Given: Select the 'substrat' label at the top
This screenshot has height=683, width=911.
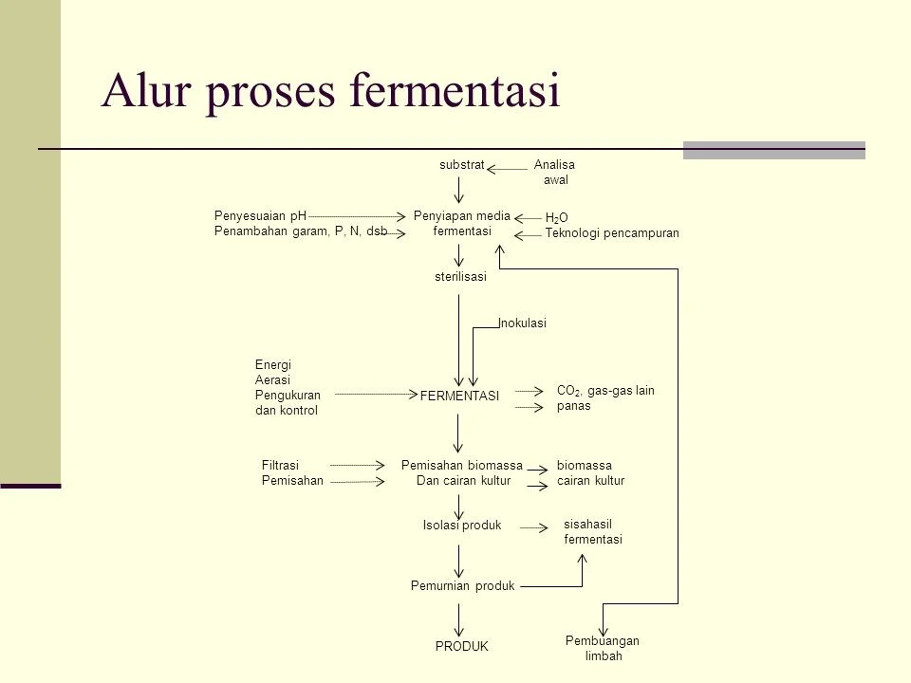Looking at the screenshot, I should (x=462, y=165).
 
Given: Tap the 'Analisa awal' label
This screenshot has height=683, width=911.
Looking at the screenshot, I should (x=555, y=173).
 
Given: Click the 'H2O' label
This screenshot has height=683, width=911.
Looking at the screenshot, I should (x=557, y=218).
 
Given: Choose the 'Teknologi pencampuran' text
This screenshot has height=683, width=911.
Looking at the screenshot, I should (x=613, y=233).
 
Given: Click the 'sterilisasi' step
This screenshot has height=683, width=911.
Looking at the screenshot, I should (x=459, y=277).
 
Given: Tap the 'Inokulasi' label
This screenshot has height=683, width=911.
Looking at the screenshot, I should (x=524, y=323).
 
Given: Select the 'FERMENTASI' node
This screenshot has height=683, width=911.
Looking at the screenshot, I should (x=459, y=397).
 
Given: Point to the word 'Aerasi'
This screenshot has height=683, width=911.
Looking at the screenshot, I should (x=273, y=379).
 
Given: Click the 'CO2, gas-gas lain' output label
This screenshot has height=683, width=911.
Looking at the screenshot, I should (x=605, y=391).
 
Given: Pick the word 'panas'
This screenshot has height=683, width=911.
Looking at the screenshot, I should (x=573, y=406).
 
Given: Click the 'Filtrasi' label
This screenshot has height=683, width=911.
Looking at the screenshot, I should (x=280, y=465).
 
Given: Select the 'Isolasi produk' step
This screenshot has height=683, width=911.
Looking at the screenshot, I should (x=461, y=526).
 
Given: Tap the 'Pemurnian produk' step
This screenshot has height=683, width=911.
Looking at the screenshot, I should (x=462, y=586).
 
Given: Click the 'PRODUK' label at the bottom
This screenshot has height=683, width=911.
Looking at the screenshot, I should (x=461, y=646).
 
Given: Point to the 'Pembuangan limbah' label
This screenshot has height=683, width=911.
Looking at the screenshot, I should (x=603, y=649).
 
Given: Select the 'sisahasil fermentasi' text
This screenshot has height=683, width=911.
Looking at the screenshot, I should (x=593, y=532).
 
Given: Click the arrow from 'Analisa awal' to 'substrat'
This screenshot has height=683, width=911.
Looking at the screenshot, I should (x=511, y=169).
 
